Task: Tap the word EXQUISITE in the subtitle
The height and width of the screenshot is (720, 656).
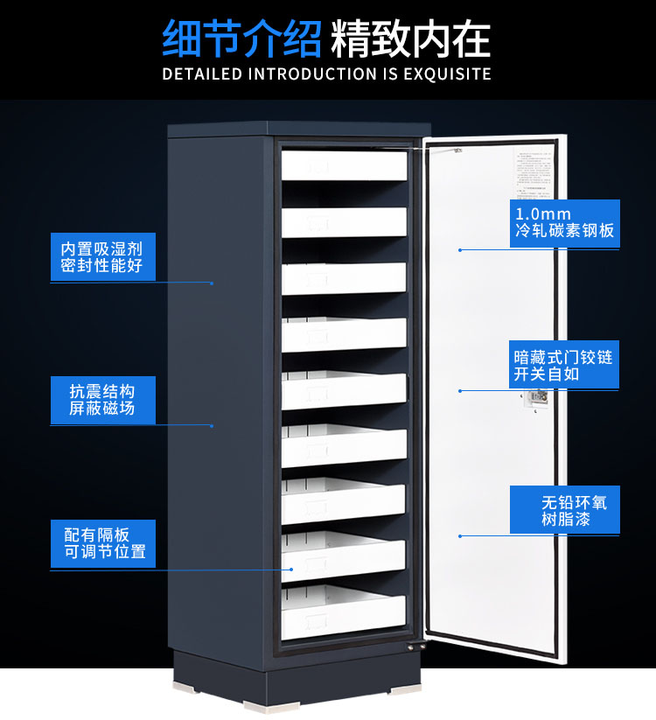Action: tap(449, 73)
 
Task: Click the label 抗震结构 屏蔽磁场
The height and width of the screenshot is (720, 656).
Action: tap(102, 398)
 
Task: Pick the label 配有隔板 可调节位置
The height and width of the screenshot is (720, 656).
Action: tap(103, 543)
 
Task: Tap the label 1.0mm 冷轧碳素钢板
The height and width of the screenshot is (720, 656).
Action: tap(564, 223)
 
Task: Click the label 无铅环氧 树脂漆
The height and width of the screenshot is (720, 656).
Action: tap(564, 510)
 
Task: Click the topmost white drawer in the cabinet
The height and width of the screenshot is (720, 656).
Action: tap(344, 164)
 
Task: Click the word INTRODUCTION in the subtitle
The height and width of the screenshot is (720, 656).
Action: tap(312, 73)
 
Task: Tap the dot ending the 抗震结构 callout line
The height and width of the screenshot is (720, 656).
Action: tap(213, 426)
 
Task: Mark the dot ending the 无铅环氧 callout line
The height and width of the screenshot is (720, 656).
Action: tap(459, 535)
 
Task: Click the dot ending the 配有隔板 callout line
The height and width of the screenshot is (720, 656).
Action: tap(294, 570)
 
